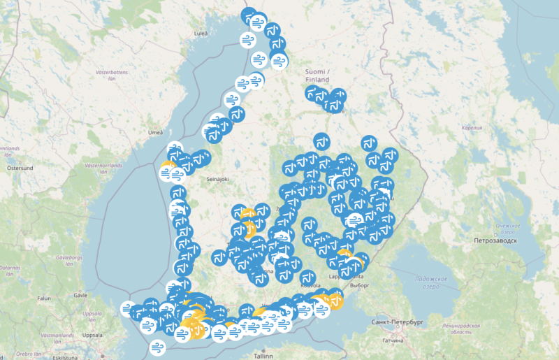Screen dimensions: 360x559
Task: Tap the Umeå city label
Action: (x=155, y=133)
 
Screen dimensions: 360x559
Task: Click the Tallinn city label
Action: (x=263, y=355)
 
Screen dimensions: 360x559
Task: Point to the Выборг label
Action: (x=361, y=286)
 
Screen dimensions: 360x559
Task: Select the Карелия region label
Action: (x=472, y=129)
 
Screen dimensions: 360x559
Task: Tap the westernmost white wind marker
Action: (x=128, y=308)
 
